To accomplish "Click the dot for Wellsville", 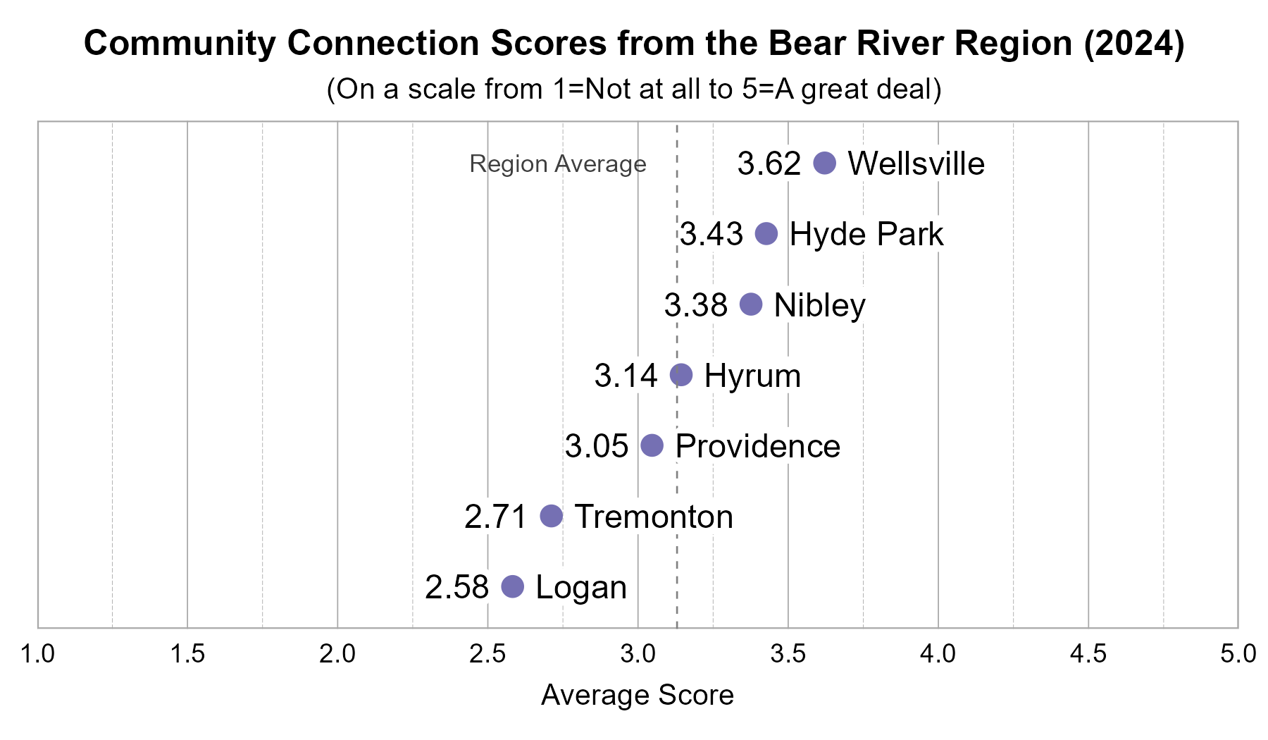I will click(824, 163).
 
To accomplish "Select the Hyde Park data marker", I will click(766, 233).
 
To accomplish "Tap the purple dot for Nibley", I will click(751, 304).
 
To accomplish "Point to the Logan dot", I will click(513, 586).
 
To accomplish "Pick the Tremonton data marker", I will click(551, 516).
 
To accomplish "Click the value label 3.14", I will click(626, 376).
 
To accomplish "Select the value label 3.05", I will click(596, 446).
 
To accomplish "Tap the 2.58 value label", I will click(456, 587).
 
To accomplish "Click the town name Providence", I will click(757, 446).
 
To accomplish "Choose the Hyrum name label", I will click(752, 376).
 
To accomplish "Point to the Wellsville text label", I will click(916, 164).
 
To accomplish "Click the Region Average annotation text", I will click(557, 164).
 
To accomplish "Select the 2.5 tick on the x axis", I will click(487, 654).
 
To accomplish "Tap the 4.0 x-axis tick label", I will click(938, 654).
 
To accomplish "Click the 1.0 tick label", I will click(37, 654).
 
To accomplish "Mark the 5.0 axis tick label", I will click(1238, 654).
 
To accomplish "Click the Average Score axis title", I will click(638, 695).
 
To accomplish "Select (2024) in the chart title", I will click(1134, 43).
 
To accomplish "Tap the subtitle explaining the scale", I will click(634, 90).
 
